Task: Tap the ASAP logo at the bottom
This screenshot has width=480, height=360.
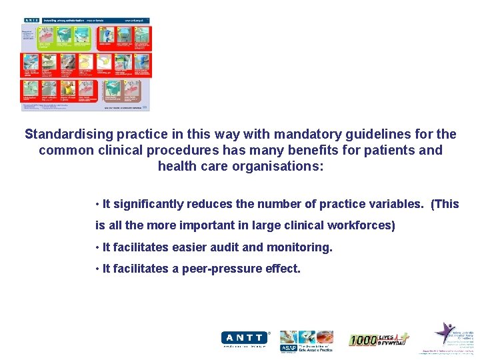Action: coord(306,341)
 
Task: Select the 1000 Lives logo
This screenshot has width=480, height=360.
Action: coord(379,339)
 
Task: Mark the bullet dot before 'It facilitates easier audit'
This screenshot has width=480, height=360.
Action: coord(97,247)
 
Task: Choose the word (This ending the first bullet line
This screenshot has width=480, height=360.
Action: coord(445,204)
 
